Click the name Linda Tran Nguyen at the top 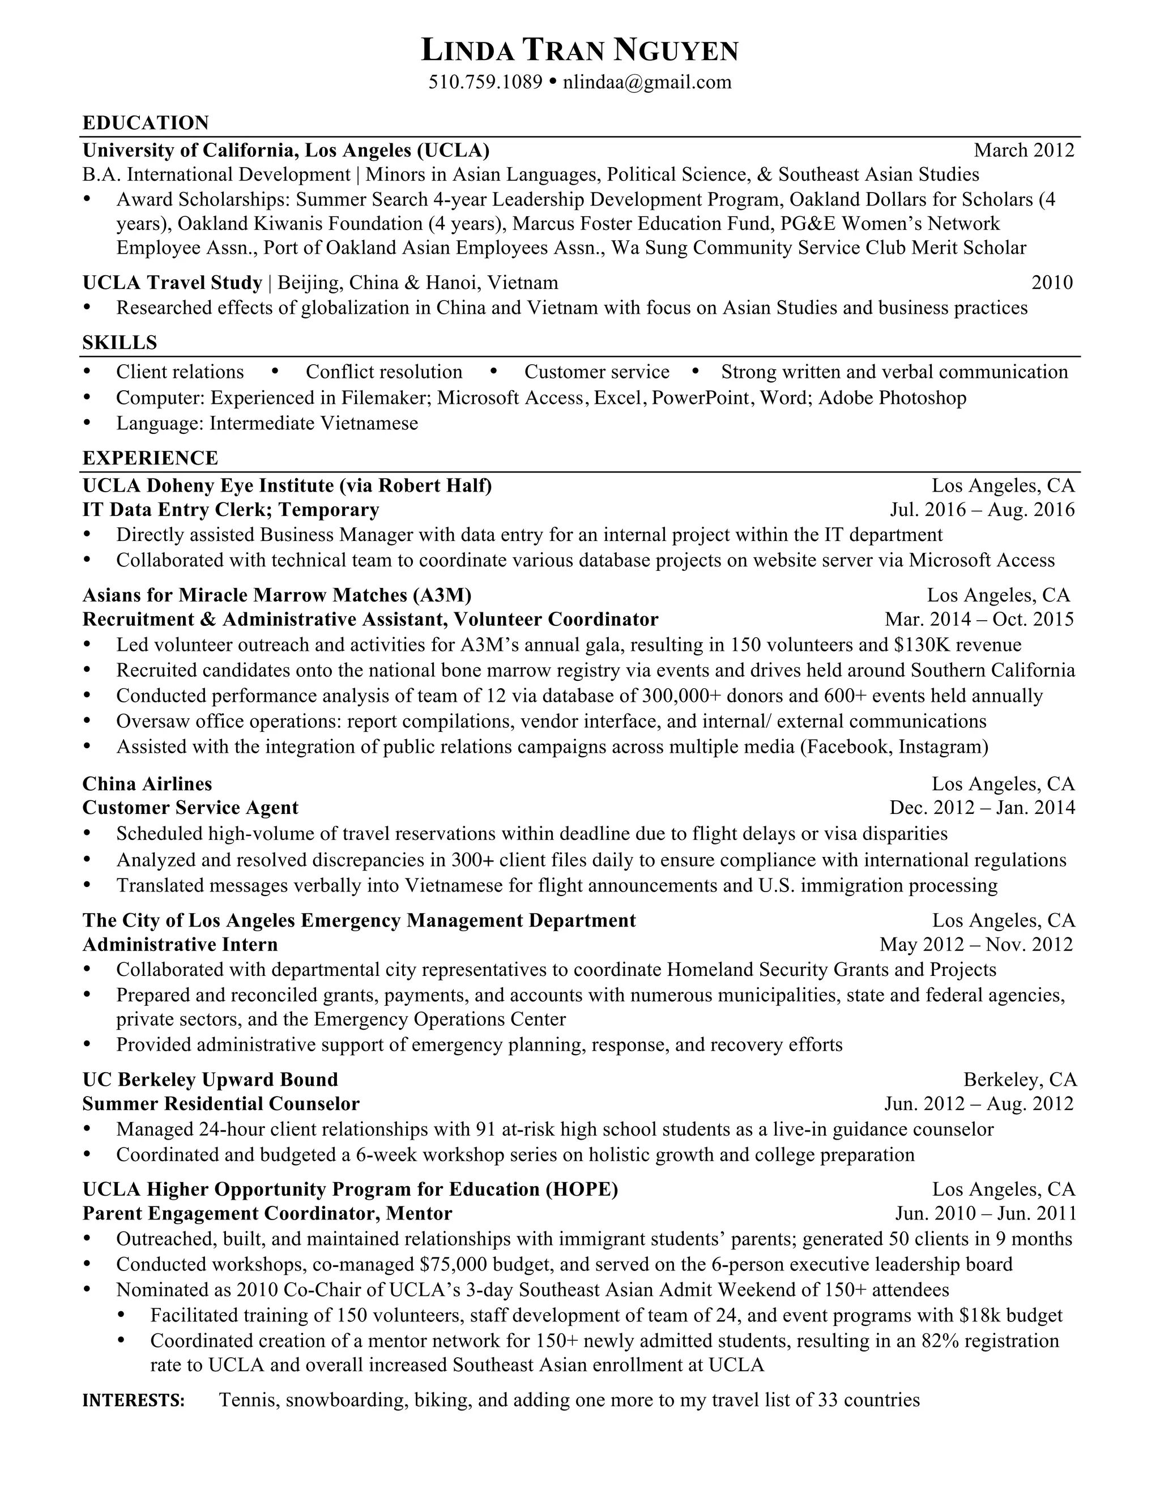click(x=579, y=50)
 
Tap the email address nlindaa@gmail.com click(x=647, y=83)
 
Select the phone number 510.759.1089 click(x=485, y=83)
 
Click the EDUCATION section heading click(x=146, y=123)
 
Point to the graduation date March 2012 click(x=1023, y=150)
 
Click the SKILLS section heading click(x=120, y=342)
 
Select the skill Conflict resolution click(x=383, y=372)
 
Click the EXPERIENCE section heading click(x=150, y=458)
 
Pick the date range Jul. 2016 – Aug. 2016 click(x=982, y=509)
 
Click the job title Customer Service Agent click(x=190, y=808)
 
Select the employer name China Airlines click(x=147, y=783)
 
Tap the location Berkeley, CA click(x=1020, y=1080)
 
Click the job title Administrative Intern click(x=180, y=944)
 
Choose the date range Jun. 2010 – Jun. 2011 click(x=985, y=1213)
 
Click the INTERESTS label click(x=133, y=1401)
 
